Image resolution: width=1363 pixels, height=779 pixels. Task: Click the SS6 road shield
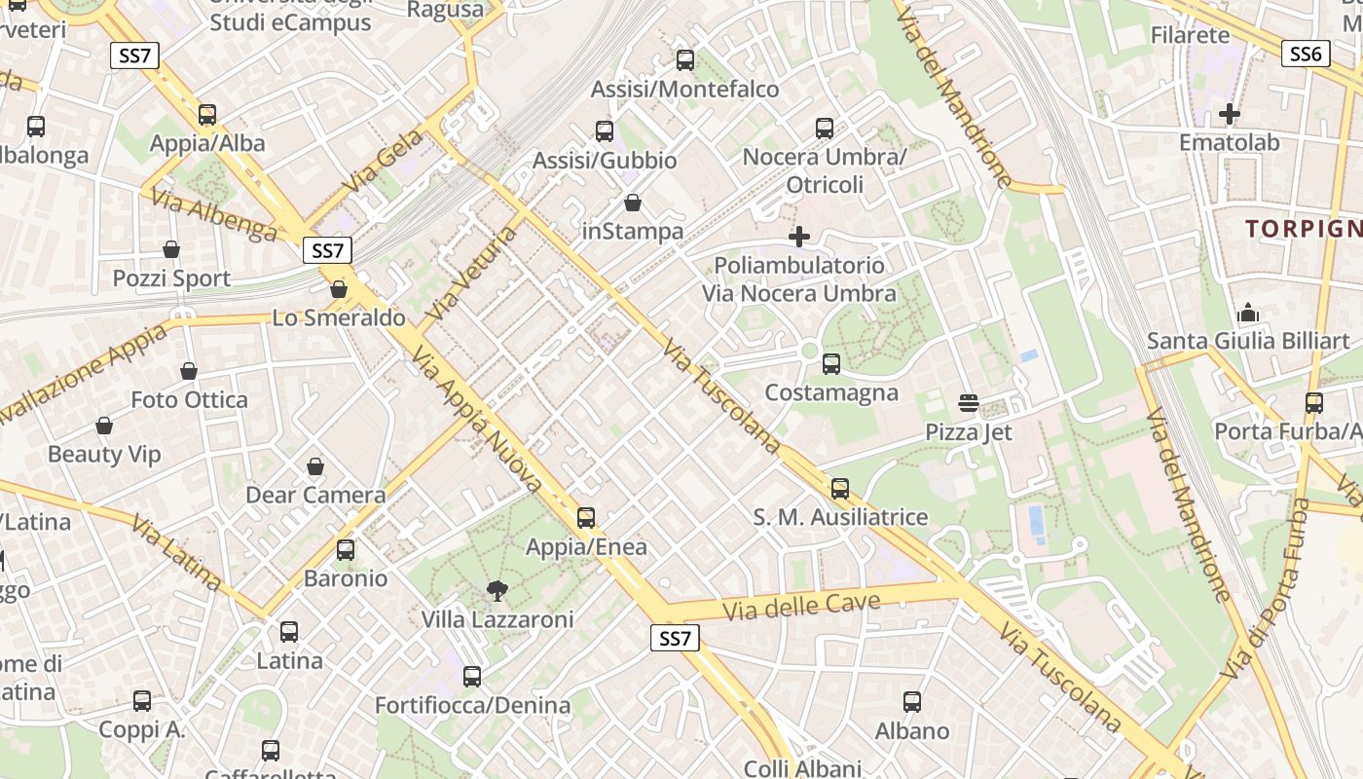(x=1305, y=55)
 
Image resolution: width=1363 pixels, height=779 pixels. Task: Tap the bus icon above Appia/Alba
(x=207, y=115)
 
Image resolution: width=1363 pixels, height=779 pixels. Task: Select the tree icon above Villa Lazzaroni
(x=497, y=590)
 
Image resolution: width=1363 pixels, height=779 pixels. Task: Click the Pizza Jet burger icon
(x=968, y=403)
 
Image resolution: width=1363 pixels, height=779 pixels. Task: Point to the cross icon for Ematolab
(x=1229, y=114)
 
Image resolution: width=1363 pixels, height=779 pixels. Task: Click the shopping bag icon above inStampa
(x=633, y=203)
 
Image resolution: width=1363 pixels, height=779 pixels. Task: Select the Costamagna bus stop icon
(x=830, y=364)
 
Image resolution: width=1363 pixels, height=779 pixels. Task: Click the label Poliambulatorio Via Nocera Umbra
(x=799, y=279)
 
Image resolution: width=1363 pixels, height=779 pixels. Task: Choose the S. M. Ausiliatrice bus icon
(x=840, y=488)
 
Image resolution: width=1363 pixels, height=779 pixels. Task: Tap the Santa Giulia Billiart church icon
(x=1247, y=314)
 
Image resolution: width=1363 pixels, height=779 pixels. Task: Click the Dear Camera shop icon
(x=315, y=466)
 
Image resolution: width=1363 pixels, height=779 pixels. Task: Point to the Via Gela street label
(x=384, y=159)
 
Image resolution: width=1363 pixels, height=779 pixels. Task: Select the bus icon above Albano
(x=912, y=701)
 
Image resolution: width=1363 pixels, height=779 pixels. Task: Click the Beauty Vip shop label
(x=104, y=454)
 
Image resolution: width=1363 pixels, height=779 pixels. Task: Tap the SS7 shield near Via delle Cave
(x=674, y=639)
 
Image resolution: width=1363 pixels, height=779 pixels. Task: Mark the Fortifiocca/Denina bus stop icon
(x=472, y=676)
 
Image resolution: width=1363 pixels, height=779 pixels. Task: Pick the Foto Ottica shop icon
(x=189, y=371)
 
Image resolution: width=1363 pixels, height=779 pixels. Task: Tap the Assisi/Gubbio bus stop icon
(x=605, y=131)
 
